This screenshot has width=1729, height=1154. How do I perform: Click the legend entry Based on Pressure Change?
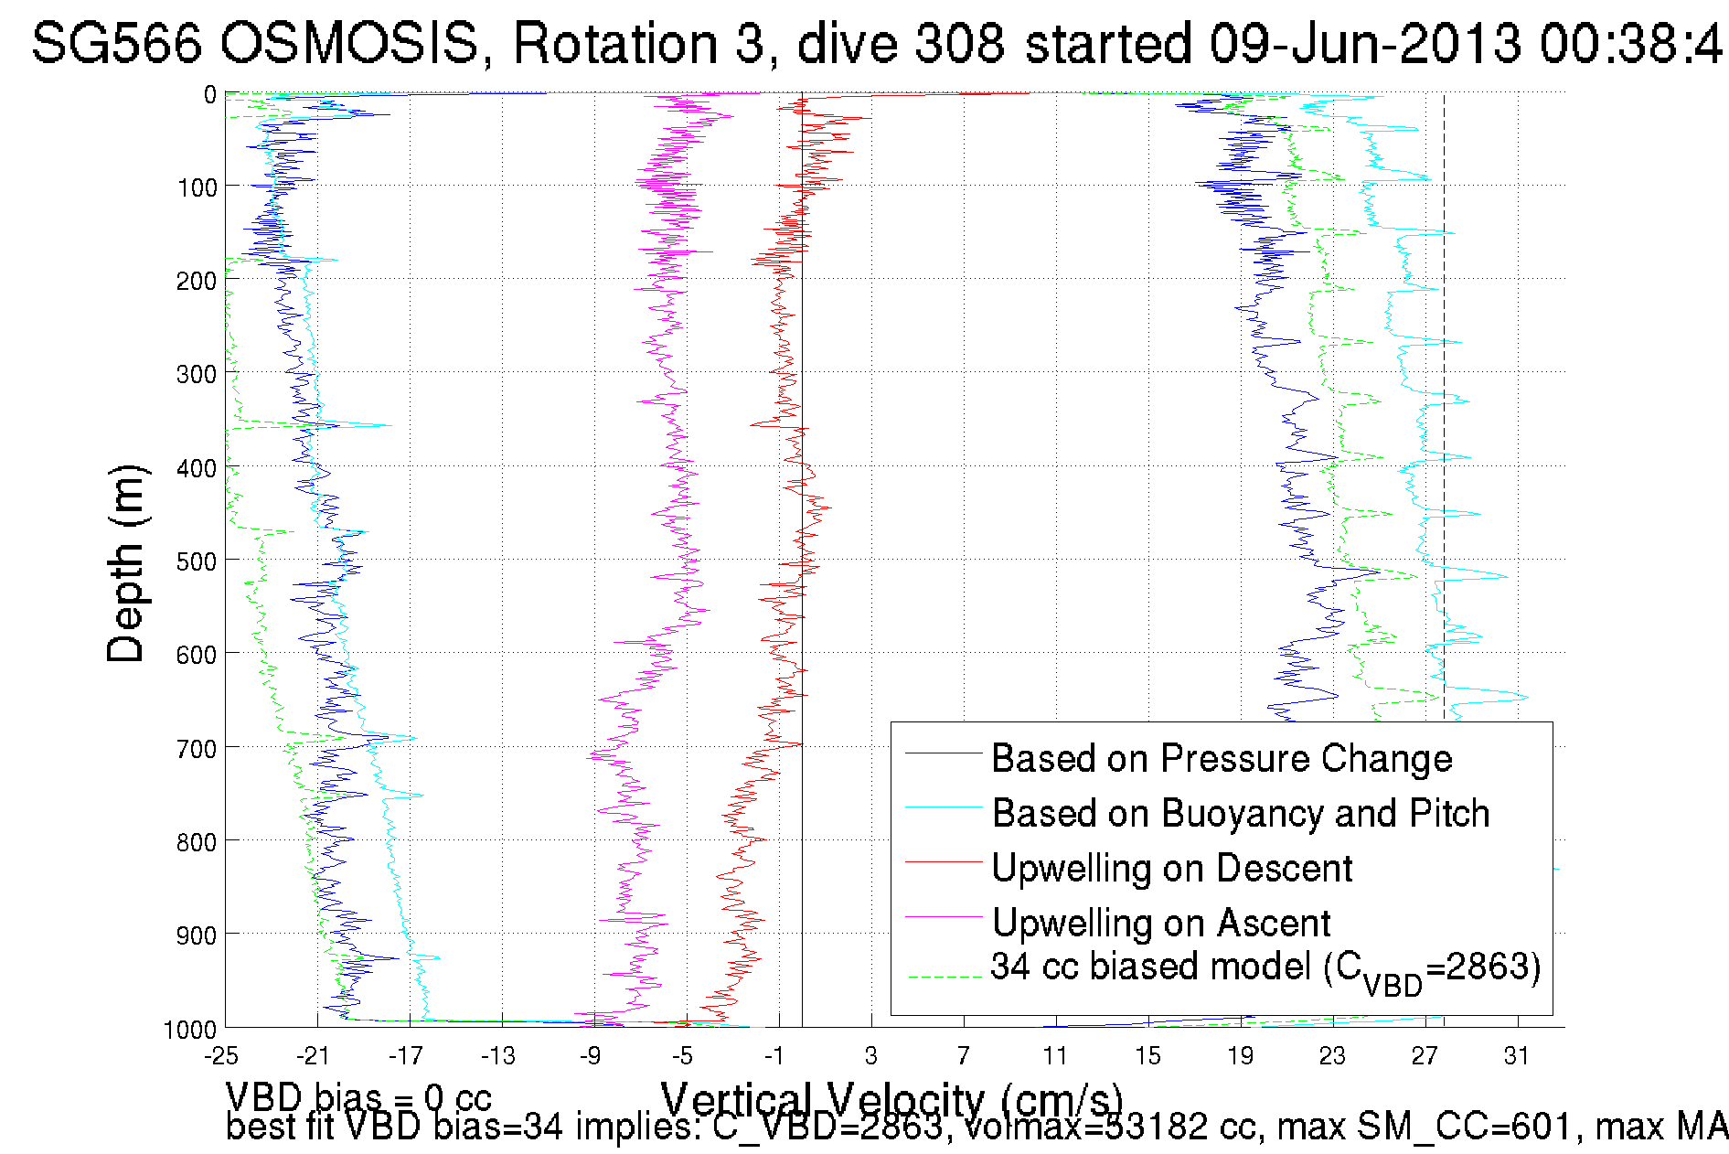click(1222, 759)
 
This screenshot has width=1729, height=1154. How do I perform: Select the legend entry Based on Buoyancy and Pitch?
click(1241, 814)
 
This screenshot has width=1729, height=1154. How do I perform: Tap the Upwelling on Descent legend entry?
click(1171, 869)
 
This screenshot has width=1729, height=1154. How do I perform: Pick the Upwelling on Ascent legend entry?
click(1161, 924)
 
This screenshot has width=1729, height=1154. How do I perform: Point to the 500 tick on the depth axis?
click(197, 561)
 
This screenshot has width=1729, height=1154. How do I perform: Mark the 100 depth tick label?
click(197, 187)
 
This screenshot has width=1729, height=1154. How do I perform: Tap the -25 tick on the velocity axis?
click(221, 1056)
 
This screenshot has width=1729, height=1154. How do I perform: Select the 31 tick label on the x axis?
click(1517, 1056)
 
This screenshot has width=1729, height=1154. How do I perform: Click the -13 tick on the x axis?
click(498, 1056)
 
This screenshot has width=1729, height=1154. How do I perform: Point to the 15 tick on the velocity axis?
click(1147, 1056)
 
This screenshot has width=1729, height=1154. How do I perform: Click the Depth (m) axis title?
click(125, 563)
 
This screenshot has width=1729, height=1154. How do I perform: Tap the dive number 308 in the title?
click(959, 43)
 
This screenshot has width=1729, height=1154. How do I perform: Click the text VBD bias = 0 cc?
click(358, 1097)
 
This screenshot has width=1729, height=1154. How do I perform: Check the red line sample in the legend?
click(943, 862)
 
